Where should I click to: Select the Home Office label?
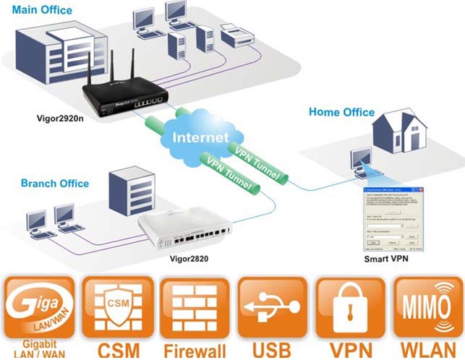341,112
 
